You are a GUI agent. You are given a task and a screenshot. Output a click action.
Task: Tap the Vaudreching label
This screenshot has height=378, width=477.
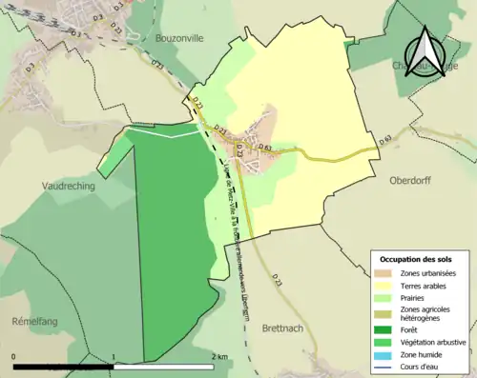point(68,187)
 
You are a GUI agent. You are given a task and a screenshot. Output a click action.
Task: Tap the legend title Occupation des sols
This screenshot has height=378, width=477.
point(422,258)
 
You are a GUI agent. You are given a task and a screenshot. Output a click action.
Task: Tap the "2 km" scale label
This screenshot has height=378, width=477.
point(220,356)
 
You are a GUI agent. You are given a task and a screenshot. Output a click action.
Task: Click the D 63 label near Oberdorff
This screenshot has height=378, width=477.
point(385,140)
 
